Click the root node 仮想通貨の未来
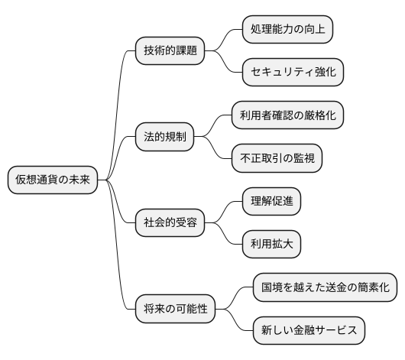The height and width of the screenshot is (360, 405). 53,180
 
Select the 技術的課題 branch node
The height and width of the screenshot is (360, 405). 170,51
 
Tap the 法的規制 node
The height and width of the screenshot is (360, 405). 164,138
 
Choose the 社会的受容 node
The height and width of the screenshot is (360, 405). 170,223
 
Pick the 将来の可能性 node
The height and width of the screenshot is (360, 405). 175,310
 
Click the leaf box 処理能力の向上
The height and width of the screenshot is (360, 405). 287,30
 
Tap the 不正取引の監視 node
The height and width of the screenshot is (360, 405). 277,159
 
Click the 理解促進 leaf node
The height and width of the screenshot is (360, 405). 271,202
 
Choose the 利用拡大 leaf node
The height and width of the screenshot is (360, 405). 271,245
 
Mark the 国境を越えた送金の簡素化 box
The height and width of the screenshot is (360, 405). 325,288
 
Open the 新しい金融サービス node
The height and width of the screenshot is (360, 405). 309,331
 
